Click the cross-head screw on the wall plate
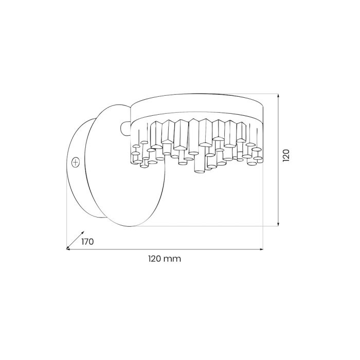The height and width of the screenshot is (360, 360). pos(76,161)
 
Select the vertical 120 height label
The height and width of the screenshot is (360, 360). pos(286,156)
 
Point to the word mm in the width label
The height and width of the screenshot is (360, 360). pos(173,259)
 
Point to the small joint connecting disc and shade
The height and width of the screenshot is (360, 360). pos(125,126)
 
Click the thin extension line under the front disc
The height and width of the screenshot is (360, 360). pos(206,226)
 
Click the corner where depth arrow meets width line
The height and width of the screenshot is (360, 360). pos(67,249)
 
